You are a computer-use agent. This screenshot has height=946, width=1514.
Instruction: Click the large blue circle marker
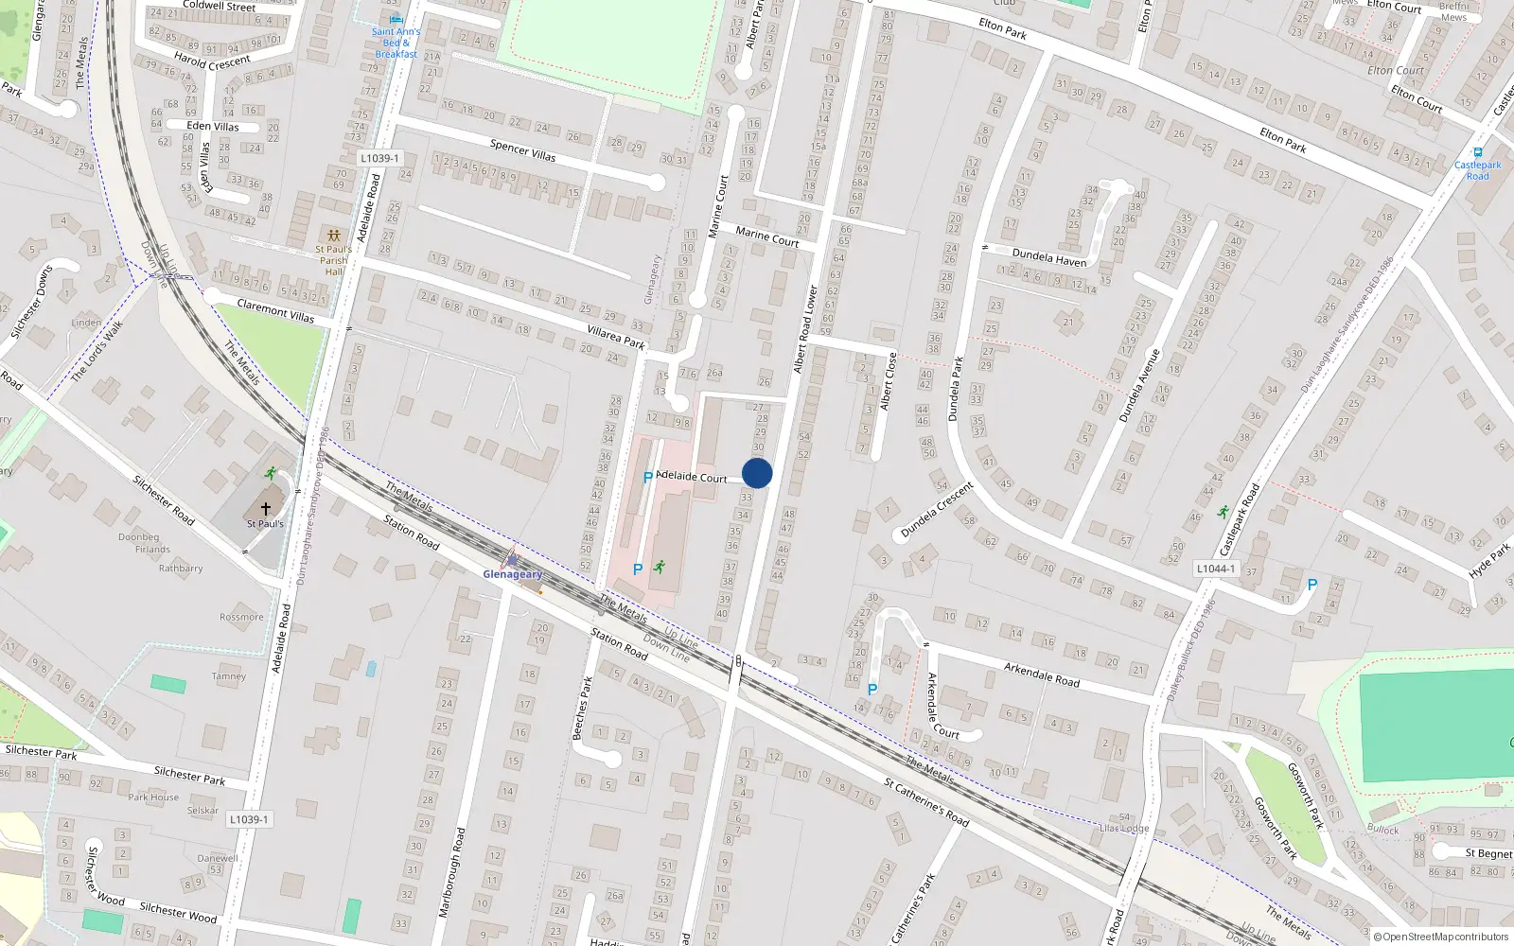757,473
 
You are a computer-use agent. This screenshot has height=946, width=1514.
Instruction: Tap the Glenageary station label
513,574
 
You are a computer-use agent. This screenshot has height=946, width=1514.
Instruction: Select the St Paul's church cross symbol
266,509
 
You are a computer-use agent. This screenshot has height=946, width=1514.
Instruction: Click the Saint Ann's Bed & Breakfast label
396,43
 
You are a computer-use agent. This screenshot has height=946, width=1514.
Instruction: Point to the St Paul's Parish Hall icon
333,235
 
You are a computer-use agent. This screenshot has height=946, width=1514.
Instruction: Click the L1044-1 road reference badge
1215,569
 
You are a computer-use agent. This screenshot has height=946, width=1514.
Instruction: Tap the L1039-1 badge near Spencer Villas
379,158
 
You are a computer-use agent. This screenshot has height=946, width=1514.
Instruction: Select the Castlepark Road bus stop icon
1477,152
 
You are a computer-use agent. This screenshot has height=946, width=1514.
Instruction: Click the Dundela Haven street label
1049,256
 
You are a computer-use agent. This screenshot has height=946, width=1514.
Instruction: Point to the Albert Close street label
888,381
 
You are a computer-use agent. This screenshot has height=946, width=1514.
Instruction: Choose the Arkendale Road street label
1041,674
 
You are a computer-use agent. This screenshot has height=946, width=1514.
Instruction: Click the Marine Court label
766,236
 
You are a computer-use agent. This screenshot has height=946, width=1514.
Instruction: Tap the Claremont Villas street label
275,310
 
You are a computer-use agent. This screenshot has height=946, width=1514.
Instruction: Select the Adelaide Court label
692,476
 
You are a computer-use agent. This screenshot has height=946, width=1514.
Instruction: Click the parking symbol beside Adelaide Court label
647,478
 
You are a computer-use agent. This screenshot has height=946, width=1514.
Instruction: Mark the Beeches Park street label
582,708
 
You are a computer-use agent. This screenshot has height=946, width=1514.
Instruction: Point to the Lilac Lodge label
1124,828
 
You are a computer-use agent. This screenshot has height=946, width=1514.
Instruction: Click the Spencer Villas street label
522,149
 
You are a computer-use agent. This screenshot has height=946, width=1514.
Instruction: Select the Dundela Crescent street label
937,511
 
